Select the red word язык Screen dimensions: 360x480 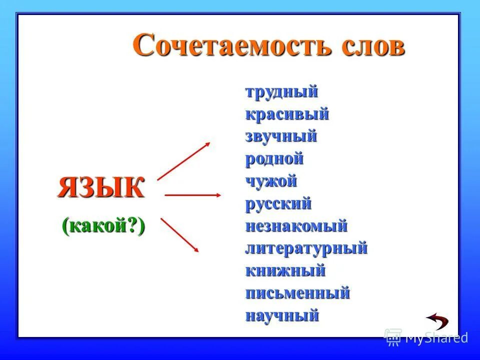coord(101,187)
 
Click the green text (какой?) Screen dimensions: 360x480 coord(103,226)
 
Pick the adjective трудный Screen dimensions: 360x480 coord(281,92)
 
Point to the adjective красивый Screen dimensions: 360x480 coord(287,114)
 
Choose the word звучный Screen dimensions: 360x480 coord(281,136)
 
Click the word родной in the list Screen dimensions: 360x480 coord(274,159)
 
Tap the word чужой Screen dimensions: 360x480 coord(271,181)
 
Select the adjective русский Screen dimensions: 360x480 coord(278,203)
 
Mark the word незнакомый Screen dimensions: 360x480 coord(296,226)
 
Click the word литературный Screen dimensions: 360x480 coord(306,248)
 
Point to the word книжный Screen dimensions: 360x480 coord(285,270)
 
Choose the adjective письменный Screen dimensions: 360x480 coord(297,293)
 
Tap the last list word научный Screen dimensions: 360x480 coord(282,315)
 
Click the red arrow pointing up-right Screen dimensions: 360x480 coord(183,161)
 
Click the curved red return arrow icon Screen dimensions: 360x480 coord(437,320)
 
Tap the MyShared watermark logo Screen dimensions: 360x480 coord(426,338)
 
